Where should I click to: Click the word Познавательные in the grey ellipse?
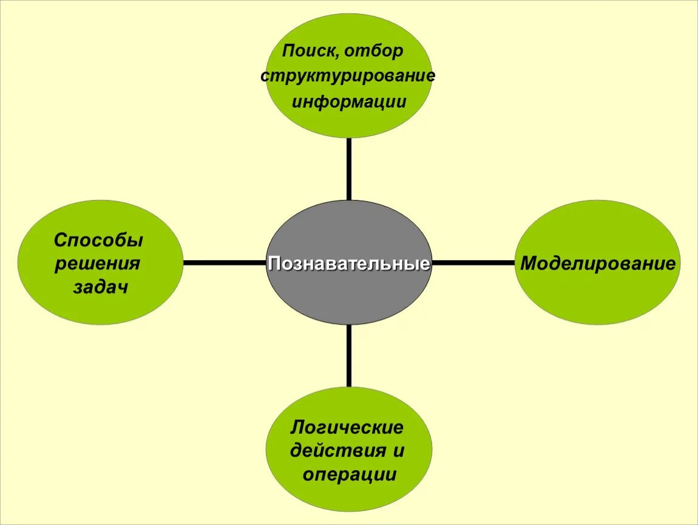coord(349,264)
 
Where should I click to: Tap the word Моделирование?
coord(598,264)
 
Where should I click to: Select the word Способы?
coord(99,241)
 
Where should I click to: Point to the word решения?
coord(98,264)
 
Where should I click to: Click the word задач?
coord(101,287)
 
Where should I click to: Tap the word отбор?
coord(374,51)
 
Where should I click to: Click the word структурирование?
coord(348,77)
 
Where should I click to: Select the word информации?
coord(348,101)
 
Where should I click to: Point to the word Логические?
coord(347,427)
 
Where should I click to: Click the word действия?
coord(338,451)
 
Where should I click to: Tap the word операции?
coord(349,475)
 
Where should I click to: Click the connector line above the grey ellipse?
coord(349,169)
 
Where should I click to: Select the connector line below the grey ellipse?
coord(349,356)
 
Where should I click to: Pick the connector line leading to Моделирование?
coord(473,263)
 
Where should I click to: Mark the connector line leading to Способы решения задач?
coord(225,263)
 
